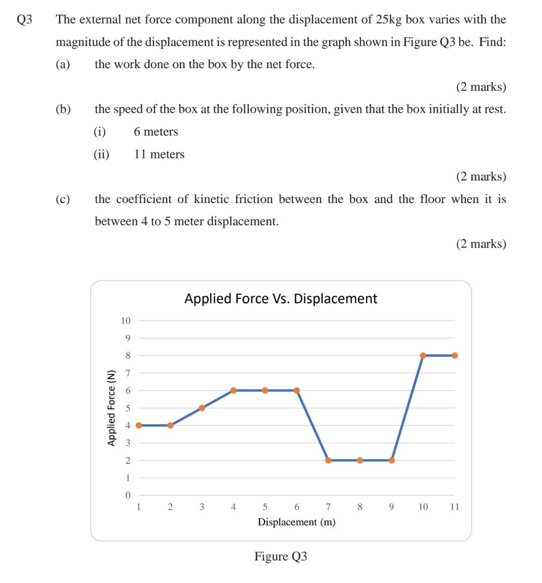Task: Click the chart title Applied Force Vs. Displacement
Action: [x=281, y=299]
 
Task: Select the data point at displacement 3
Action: [x=202, y=408]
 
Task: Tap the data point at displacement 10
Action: [x=423, y=355]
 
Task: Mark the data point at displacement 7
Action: [x=328, y=460]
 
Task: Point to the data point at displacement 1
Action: [x=139, y=425]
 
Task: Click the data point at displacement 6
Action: [x=297, y=391]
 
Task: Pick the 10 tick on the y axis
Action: [x=125, y=321]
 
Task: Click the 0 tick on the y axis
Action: [x=127, y=495]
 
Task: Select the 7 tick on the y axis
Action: [x=127, y=373]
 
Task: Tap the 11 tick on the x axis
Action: [x=454, y=507]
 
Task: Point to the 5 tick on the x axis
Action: [x=265, y=507]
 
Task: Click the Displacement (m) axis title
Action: [x=297, y=522]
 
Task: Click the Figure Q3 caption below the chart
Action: [x=281, y=556]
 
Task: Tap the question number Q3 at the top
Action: [x=25, y=20]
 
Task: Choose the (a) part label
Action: [x=63, y=64]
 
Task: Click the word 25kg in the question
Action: [x=389, y=20]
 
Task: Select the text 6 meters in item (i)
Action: [x=156, y=132]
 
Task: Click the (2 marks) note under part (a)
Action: [x=481, y=87]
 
